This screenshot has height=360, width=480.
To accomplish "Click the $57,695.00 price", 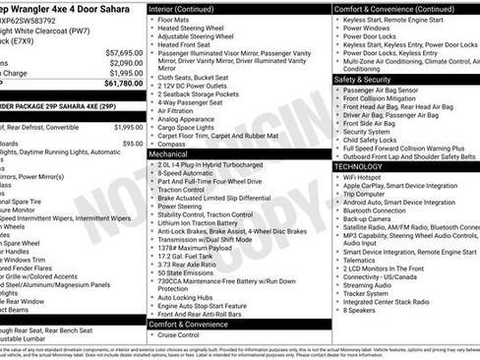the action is click(x=124, y=53).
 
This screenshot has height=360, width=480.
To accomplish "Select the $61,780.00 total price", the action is click(x=123, y=84).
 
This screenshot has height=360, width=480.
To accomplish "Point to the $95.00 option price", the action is click(x=133, y=144).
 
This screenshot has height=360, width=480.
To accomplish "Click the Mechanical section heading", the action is click(x=168, y=154).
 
